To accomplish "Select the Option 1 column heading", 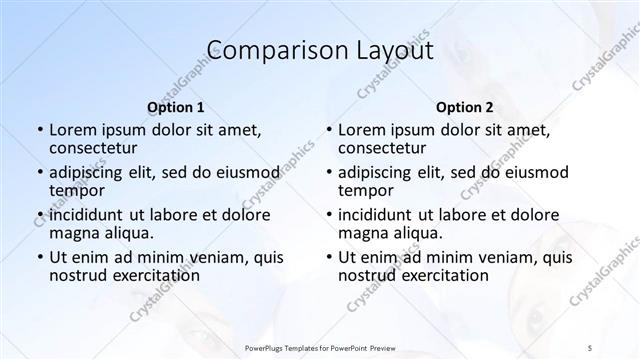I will coord(176,106).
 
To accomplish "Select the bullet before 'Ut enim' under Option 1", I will coord(39,256).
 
